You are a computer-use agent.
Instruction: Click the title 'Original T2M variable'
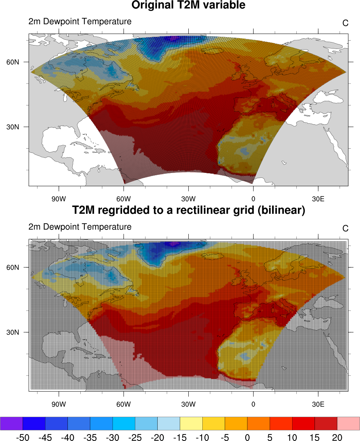pyautogui.click(x=188, y=5)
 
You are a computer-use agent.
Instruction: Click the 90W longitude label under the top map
pyautogui.click(x=59, y=198)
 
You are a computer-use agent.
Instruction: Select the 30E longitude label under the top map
pyautogui.click(x=318, y=198)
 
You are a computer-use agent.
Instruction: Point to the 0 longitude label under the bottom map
pyautogui.click(x=253, y=404)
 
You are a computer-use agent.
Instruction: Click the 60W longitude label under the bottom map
pyautogui.click(x=124, y=404)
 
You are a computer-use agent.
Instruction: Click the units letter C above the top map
pyautogui.click(x=345, y=23)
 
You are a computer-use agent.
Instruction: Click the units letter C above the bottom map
pyautogui.click(x=345, y=228)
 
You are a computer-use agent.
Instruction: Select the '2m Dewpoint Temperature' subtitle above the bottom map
pyautogui.click(x=80, y=227)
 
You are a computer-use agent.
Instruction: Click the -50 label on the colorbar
pyautogui.click(x=22, y=437)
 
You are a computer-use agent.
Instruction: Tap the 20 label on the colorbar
pyautogui.click(x=337, y=437)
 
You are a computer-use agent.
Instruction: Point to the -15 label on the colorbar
pyautogui.click(x=180, y=437)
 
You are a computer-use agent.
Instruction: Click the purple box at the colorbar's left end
pyautogui.click(x=11, y=423)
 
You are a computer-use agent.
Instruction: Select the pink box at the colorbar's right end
pyautogui.click(x=348, y=423)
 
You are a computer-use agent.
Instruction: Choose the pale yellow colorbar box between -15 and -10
pyautogui.click(x=191, y=423)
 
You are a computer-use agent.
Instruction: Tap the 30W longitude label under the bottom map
pyautogui.click(x=188, y=404)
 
